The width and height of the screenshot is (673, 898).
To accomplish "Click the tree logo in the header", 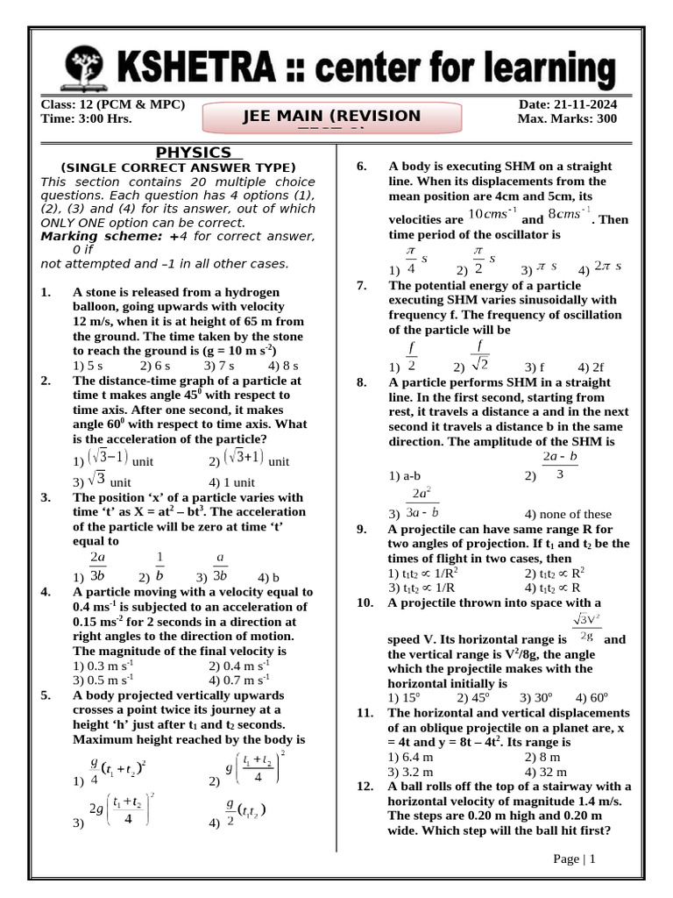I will pos(85,68).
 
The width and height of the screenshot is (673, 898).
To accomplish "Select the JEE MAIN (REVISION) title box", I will pos(331,118).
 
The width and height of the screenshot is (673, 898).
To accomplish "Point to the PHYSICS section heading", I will pos(194,153).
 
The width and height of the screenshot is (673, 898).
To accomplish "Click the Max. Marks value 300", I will pos(604,119).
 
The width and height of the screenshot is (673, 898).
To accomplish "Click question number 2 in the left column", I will pos(46,381).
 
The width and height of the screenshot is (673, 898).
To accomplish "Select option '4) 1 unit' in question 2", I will pos(232,482).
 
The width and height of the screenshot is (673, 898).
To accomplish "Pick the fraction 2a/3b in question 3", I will pos(97,567).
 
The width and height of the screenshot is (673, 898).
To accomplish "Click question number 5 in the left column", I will pos(46,695).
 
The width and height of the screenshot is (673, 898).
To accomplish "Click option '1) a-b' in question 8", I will pos(404,476).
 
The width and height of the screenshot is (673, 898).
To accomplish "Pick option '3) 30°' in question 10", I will pos(535,698).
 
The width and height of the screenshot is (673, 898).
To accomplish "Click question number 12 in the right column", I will pos(365,787).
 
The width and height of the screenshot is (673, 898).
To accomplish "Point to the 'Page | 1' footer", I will pos(574,859).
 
